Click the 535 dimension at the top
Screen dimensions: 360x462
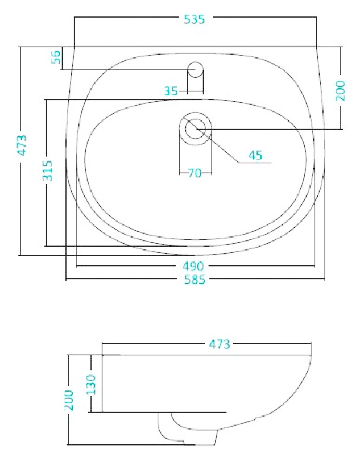194,19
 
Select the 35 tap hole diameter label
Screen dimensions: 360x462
171,91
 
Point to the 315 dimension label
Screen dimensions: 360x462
47,170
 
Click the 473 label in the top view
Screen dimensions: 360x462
22,145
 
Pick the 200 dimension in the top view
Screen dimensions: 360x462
340,90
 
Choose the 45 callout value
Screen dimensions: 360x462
255,155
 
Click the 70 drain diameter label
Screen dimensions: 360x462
195,173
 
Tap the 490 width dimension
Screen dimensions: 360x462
193,267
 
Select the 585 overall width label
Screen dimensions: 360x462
195,280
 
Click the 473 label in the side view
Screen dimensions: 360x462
220,344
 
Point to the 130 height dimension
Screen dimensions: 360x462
91,385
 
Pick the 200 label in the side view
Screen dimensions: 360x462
69,400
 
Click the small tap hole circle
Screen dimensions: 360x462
195,69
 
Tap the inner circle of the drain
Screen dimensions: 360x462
195,129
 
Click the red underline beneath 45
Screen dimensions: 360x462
255,163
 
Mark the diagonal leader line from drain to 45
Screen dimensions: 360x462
211,139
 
